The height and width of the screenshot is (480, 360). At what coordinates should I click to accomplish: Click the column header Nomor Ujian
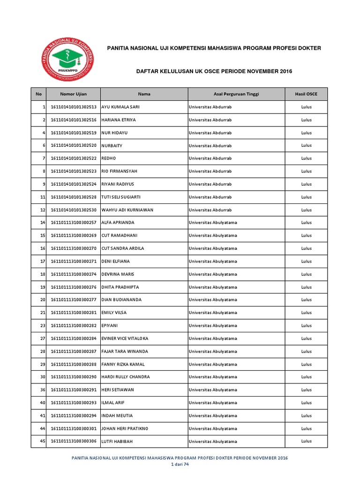tap(73, 94)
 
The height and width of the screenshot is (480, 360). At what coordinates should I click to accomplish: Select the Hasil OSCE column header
tap(306, 94)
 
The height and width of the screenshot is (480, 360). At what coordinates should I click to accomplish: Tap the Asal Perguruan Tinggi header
tap(236, 94)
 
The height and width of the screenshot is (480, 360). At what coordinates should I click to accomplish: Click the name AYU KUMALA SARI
tap(120, 107)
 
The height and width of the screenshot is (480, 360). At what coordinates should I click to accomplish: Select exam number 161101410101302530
tap(74, 210)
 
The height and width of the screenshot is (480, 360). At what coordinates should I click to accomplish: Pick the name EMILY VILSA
tap(114, 313)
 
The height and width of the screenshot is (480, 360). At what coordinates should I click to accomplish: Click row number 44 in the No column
tap(42, 428)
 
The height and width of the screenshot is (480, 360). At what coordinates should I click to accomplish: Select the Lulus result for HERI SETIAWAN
tap(306, 390)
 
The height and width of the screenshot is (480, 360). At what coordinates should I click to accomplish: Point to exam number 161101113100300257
tap(74, 223)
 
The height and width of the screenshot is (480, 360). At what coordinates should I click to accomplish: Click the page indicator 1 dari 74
tap(180, 465)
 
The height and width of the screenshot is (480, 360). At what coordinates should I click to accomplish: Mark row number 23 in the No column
tap(42, 325)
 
